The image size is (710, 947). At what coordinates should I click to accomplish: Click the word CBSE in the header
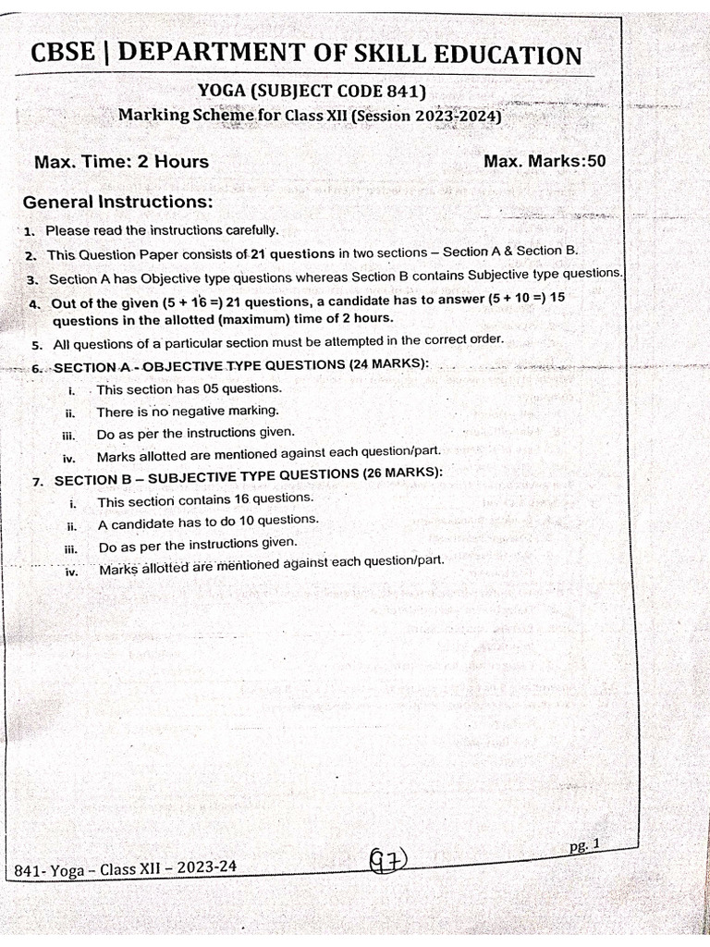point(63,54)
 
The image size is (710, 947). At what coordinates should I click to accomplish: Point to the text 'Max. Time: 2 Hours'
point(121,162)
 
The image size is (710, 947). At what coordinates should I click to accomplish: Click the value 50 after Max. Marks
point(596,161)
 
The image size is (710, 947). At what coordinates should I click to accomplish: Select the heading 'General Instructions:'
point(117,202)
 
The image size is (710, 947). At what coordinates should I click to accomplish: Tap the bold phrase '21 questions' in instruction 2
point(292,253)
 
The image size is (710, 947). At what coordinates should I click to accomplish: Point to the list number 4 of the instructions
point(33,303)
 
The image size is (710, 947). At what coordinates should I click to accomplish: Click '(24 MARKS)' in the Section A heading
point(388,363)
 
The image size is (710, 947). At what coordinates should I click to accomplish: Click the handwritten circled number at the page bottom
point(387,863)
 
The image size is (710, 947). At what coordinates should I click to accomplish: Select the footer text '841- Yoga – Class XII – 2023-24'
point(127,867)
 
